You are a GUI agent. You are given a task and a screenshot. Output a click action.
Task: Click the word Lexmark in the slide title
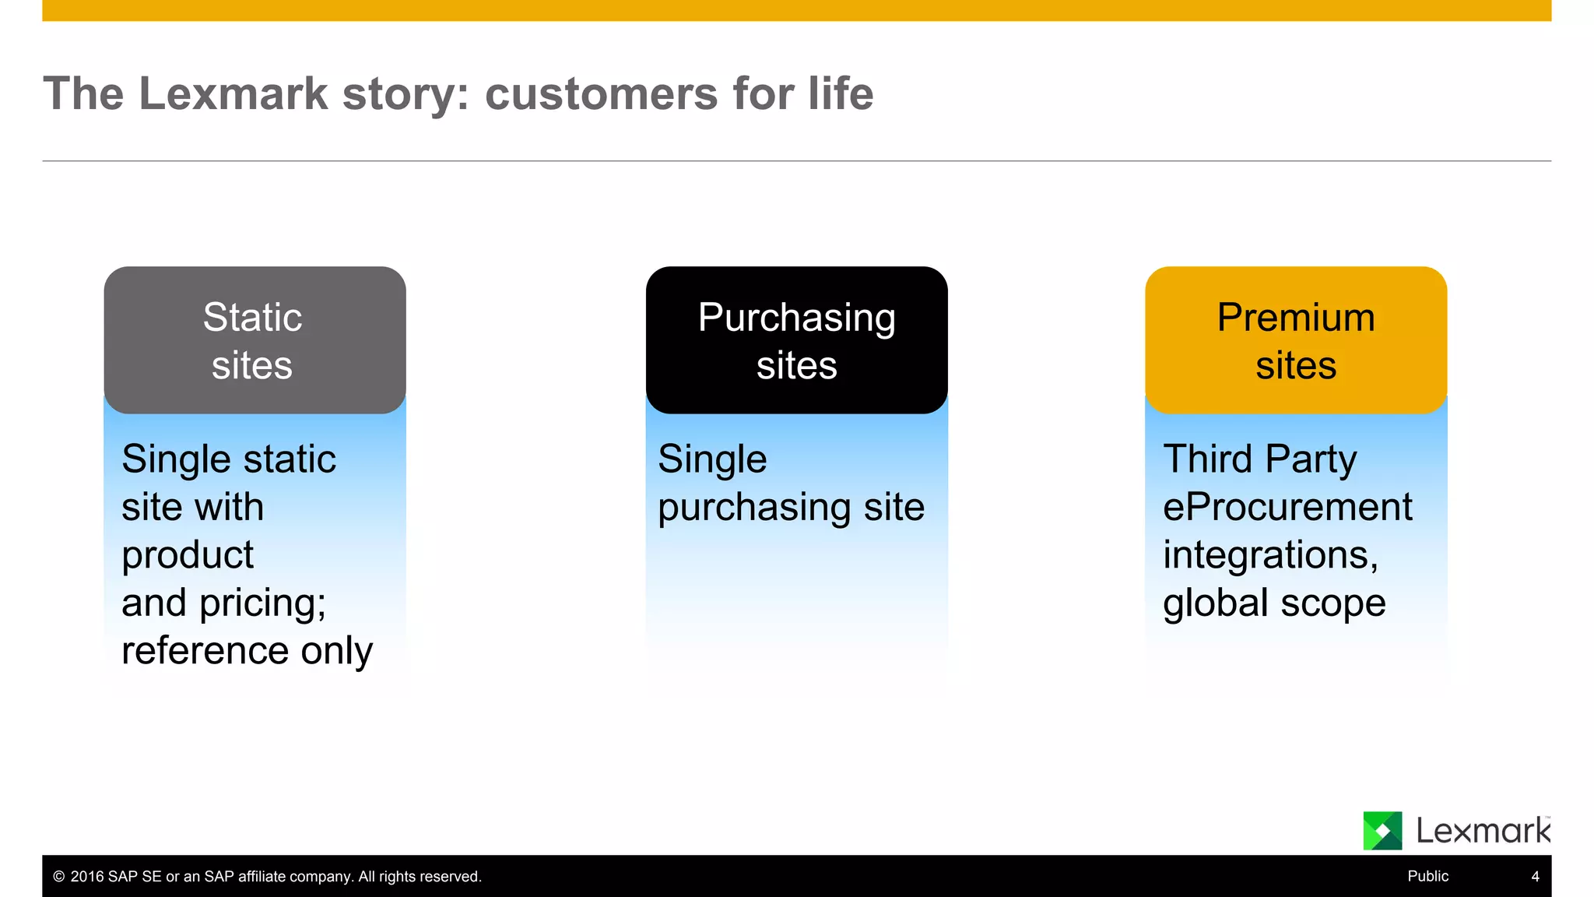click(x=233, y=94)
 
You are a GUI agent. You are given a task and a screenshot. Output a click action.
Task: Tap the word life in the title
click(x=840, y=94)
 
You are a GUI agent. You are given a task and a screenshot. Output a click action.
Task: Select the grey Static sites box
click(x=255, y=340)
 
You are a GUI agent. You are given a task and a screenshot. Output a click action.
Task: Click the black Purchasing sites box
click(x=796, y=340)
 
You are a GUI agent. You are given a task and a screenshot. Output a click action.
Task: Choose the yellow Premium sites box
click(x=1296, y=340)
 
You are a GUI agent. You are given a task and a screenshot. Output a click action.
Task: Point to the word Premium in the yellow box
click(x=1296, y=318)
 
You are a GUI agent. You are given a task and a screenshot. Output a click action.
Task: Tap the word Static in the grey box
click(x=252, y=318)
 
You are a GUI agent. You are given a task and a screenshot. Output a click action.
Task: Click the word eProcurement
click(x=1287, y=508)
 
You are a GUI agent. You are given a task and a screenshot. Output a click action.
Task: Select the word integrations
click(x=1269, y=555)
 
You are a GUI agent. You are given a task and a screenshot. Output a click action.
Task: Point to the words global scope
click(x=1274, y=603)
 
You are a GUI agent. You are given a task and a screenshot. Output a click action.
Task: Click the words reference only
click(x=247, y=651)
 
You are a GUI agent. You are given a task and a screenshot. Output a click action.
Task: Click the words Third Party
click(x=1259, y=459)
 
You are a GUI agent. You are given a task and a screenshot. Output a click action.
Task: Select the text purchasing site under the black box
click(x=791, y=508)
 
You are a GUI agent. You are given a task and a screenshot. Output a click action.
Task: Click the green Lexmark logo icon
click(x=1382, y=831)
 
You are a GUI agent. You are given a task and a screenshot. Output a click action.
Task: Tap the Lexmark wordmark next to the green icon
click(x=1483, y=831)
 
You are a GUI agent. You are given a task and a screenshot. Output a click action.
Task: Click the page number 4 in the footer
click(x=1535, y=877)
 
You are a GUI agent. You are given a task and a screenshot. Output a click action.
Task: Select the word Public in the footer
click(x=1427, y=877)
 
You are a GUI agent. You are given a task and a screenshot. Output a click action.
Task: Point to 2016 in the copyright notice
click(x=87, y=877)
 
